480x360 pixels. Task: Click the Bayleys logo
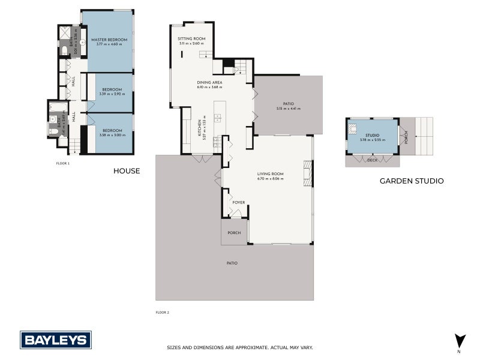click(x=56, y=340)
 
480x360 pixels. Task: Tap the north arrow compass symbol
click(x=460, y=340)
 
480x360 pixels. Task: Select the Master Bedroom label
click(x=109, y=40)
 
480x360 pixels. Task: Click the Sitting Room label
click(x=191, y=38)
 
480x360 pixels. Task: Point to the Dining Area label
click(x=210, y=82)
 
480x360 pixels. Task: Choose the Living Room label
click(x=270, y=174)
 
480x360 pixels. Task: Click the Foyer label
click(x=238, y=202)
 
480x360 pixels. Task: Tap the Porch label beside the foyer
click(x=234, y=233)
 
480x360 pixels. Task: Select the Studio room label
click(x=373, y=136)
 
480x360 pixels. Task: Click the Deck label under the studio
click(x=372, y=160)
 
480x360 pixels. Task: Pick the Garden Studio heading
click(x=412, y=181)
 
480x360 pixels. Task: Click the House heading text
click(x=127, y=171)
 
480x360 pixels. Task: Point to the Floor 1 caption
click(x=62, y=163)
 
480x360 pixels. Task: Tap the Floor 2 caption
click(x=163, y=312)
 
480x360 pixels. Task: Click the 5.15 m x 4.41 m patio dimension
click(x=288, y=109)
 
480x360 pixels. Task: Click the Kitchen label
click(x=200, y=127)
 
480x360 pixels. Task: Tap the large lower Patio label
click(x=232, y=263)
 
